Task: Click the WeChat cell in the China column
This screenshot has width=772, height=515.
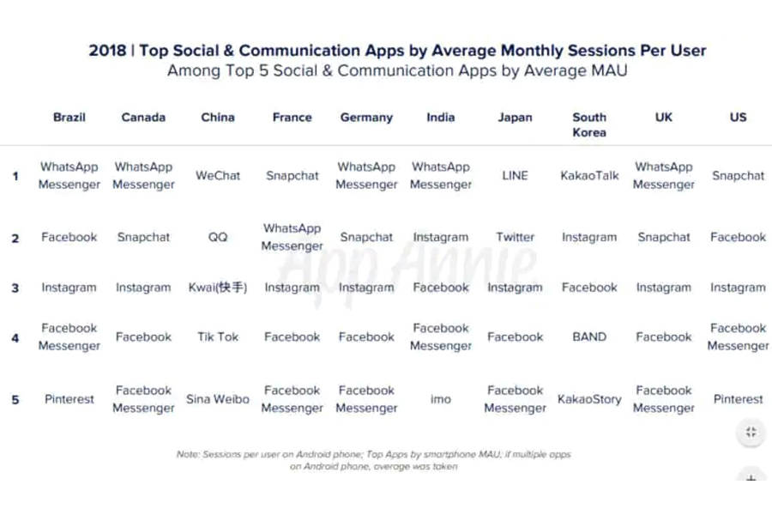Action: pyautogui.click(x=218, y=176)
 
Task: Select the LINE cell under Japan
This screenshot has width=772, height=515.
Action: pyautogui.click(x=515, y=176)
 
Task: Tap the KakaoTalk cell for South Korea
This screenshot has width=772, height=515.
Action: pyautogui.click(x=589, y=176)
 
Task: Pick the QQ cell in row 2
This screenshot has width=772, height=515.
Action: pyautogui.click(x=218, y=238)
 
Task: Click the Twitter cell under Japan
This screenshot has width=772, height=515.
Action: pyautogui.click(x=515, y=238)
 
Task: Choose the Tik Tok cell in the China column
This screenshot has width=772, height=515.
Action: pyautogui.click(x=218, y=337)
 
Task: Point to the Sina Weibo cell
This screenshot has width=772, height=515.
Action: pyautogui.click(x=218, y=399)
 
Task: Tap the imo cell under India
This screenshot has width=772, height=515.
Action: pyautogui.click(x=441, y=399)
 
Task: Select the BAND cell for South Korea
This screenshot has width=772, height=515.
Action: pyautogui.click(x=589, y=337)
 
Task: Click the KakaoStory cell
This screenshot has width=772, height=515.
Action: pyautogui.click(x=589, y=399)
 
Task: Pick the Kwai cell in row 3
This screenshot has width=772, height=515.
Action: pyautogui.click(x=218, y=288)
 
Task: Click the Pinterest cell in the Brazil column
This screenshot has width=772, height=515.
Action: pyautogui.click(x=69, y=399)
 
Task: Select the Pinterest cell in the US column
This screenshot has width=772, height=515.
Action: pyautogui.click(x=738, y=399)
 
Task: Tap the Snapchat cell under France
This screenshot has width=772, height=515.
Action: pyautogui.click(x=292, y=176)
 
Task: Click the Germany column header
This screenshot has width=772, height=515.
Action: pyautogui.click(x=366, y=118)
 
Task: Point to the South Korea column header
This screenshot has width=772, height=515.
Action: pyautogui.click(x=589, y=124)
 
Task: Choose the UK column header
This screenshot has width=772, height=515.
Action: pyautogui.click(x=664, y=118)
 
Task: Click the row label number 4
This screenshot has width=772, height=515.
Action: pyautogui.click(x=15, y=337)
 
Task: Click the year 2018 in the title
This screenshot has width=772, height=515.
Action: pyautogui.click(x=106, y=51)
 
